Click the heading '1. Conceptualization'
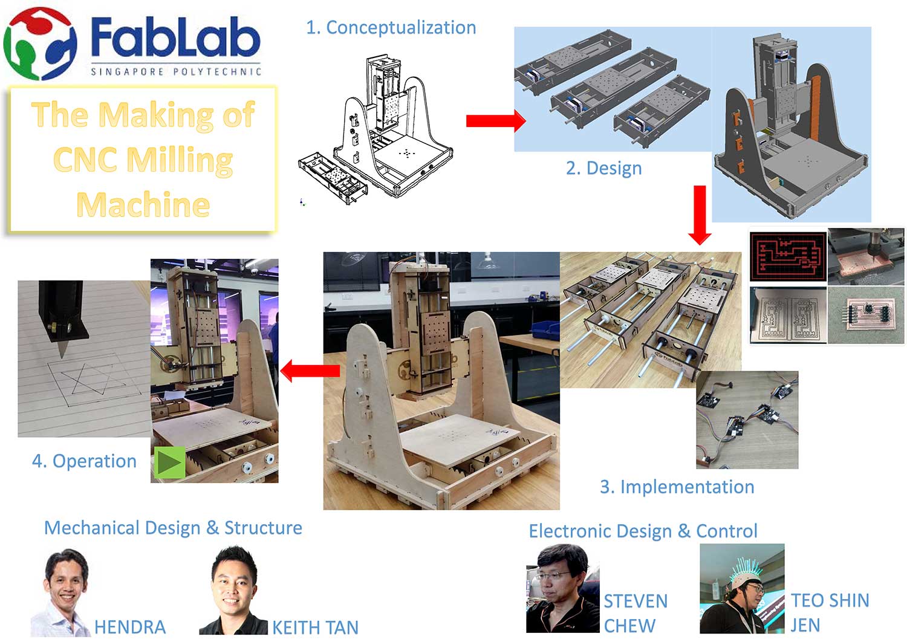(391, 28)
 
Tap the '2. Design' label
(603, 168)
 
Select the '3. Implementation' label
(677, 487)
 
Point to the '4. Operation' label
(84, 461)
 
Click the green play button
(169, 463)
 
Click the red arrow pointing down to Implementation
(700, 215)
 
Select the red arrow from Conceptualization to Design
(495, 120)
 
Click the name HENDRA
(129, 627)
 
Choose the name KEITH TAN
(315, 627)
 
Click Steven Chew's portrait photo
(562, 588)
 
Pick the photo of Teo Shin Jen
(742, 588)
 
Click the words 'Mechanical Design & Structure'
(173, 528)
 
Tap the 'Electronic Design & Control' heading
(643, 531)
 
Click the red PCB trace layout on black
(788, 255)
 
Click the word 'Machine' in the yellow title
(143, 204)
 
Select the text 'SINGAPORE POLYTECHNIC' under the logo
(176, 71)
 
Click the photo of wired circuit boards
(747, 420)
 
